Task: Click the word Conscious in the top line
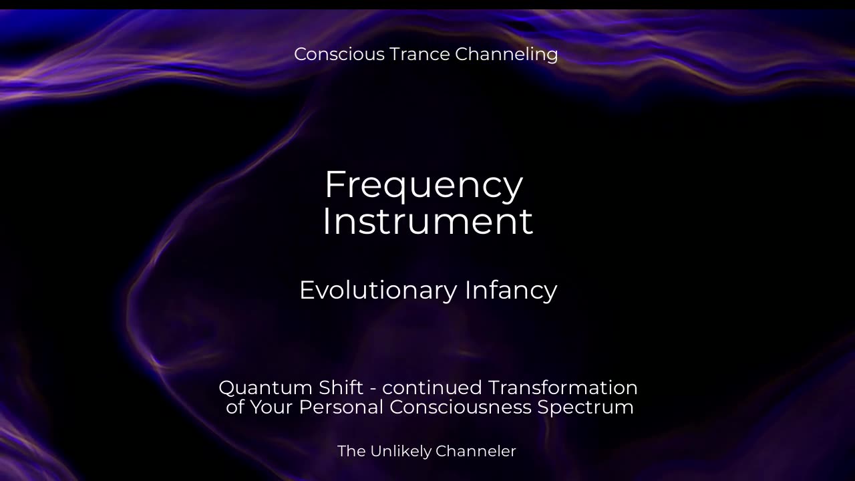339,54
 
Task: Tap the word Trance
420,54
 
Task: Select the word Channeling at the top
506,55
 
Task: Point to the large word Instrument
427,220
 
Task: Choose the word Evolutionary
378,291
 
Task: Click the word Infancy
511,291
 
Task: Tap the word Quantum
266,388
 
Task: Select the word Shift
341,387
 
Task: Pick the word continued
432,387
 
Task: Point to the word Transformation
562,387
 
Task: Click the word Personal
341,407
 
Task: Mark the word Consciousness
460,407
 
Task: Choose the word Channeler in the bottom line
476,451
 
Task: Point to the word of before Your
235,407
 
